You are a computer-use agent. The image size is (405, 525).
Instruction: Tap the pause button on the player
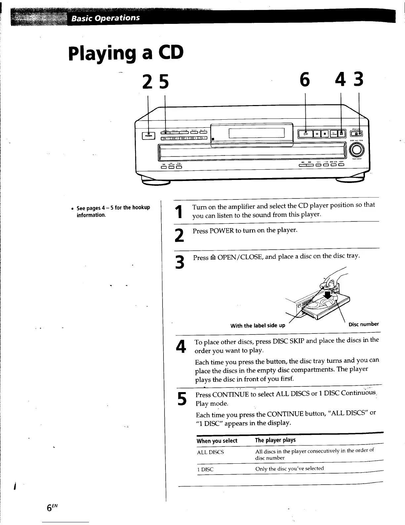pos(317,134)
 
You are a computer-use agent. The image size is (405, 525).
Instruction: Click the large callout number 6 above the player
pos(305,81)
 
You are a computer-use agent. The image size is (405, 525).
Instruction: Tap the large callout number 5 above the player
pos(163,82)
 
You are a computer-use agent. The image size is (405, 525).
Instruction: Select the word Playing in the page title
pos(101,54)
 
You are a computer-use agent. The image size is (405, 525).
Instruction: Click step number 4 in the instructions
pos(180,346)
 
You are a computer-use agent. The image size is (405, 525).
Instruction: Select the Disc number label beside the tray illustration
pos(364,324)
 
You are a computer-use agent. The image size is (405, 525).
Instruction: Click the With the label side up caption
pos(258,325)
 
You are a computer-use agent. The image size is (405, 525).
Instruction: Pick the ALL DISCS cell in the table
pos(210,452)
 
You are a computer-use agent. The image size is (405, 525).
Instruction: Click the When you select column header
pos(217,441)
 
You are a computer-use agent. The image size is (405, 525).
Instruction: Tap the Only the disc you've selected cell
pos(290,468)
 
